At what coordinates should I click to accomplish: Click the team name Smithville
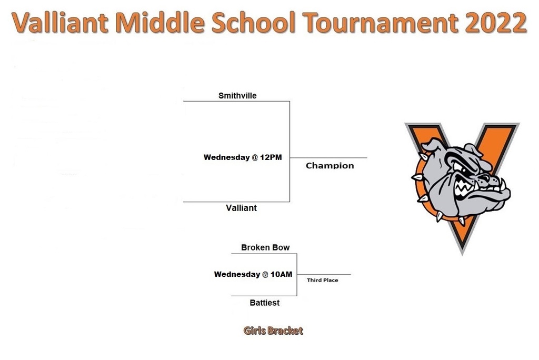coord(237,96)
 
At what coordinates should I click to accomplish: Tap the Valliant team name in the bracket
coord(241,208)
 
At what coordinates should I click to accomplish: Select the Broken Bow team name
coord(265,247)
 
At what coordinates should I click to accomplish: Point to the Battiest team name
coord(265,303)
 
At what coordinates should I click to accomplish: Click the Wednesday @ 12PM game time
coord(243,157)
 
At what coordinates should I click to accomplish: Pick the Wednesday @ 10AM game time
coord(253,274)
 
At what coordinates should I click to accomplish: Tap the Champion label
coord(330,166)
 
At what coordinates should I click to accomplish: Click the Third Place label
coord(323,280)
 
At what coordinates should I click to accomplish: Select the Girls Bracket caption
coord(273,331)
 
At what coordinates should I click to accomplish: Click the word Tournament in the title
coord(381,23)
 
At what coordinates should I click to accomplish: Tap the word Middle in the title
coord(160,22)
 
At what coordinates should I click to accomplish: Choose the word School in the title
coord(253,22)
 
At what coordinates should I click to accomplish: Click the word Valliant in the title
coord(60,23)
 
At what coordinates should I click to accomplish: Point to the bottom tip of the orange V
coord(462,254)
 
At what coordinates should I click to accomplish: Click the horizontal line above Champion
coord(328,158)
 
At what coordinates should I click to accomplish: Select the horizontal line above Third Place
coord(324,274)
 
